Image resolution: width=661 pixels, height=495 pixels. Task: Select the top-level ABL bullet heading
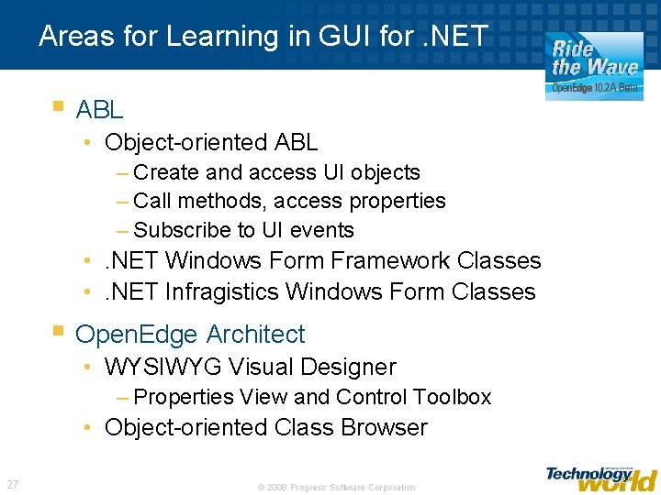tap(99, 110)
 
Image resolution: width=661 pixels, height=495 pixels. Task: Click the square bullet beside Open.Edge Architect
tap(59, 331)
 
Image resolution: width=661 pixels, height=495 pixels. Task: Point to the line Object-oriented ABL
tap(211, 142)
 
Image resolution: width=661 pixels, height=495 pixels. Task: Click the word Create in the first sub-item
tap(166, 172)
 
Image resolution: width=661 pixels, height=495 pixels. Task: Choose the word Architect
tap(255, 335)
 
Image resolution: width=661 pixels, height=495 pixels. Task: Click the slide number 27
tap(13, 484)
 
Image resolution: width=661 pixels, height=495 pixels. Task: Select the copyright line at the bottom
tap(336, 487)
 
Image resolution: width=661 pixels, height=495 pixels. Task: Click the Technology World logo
tap(600, 478)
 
